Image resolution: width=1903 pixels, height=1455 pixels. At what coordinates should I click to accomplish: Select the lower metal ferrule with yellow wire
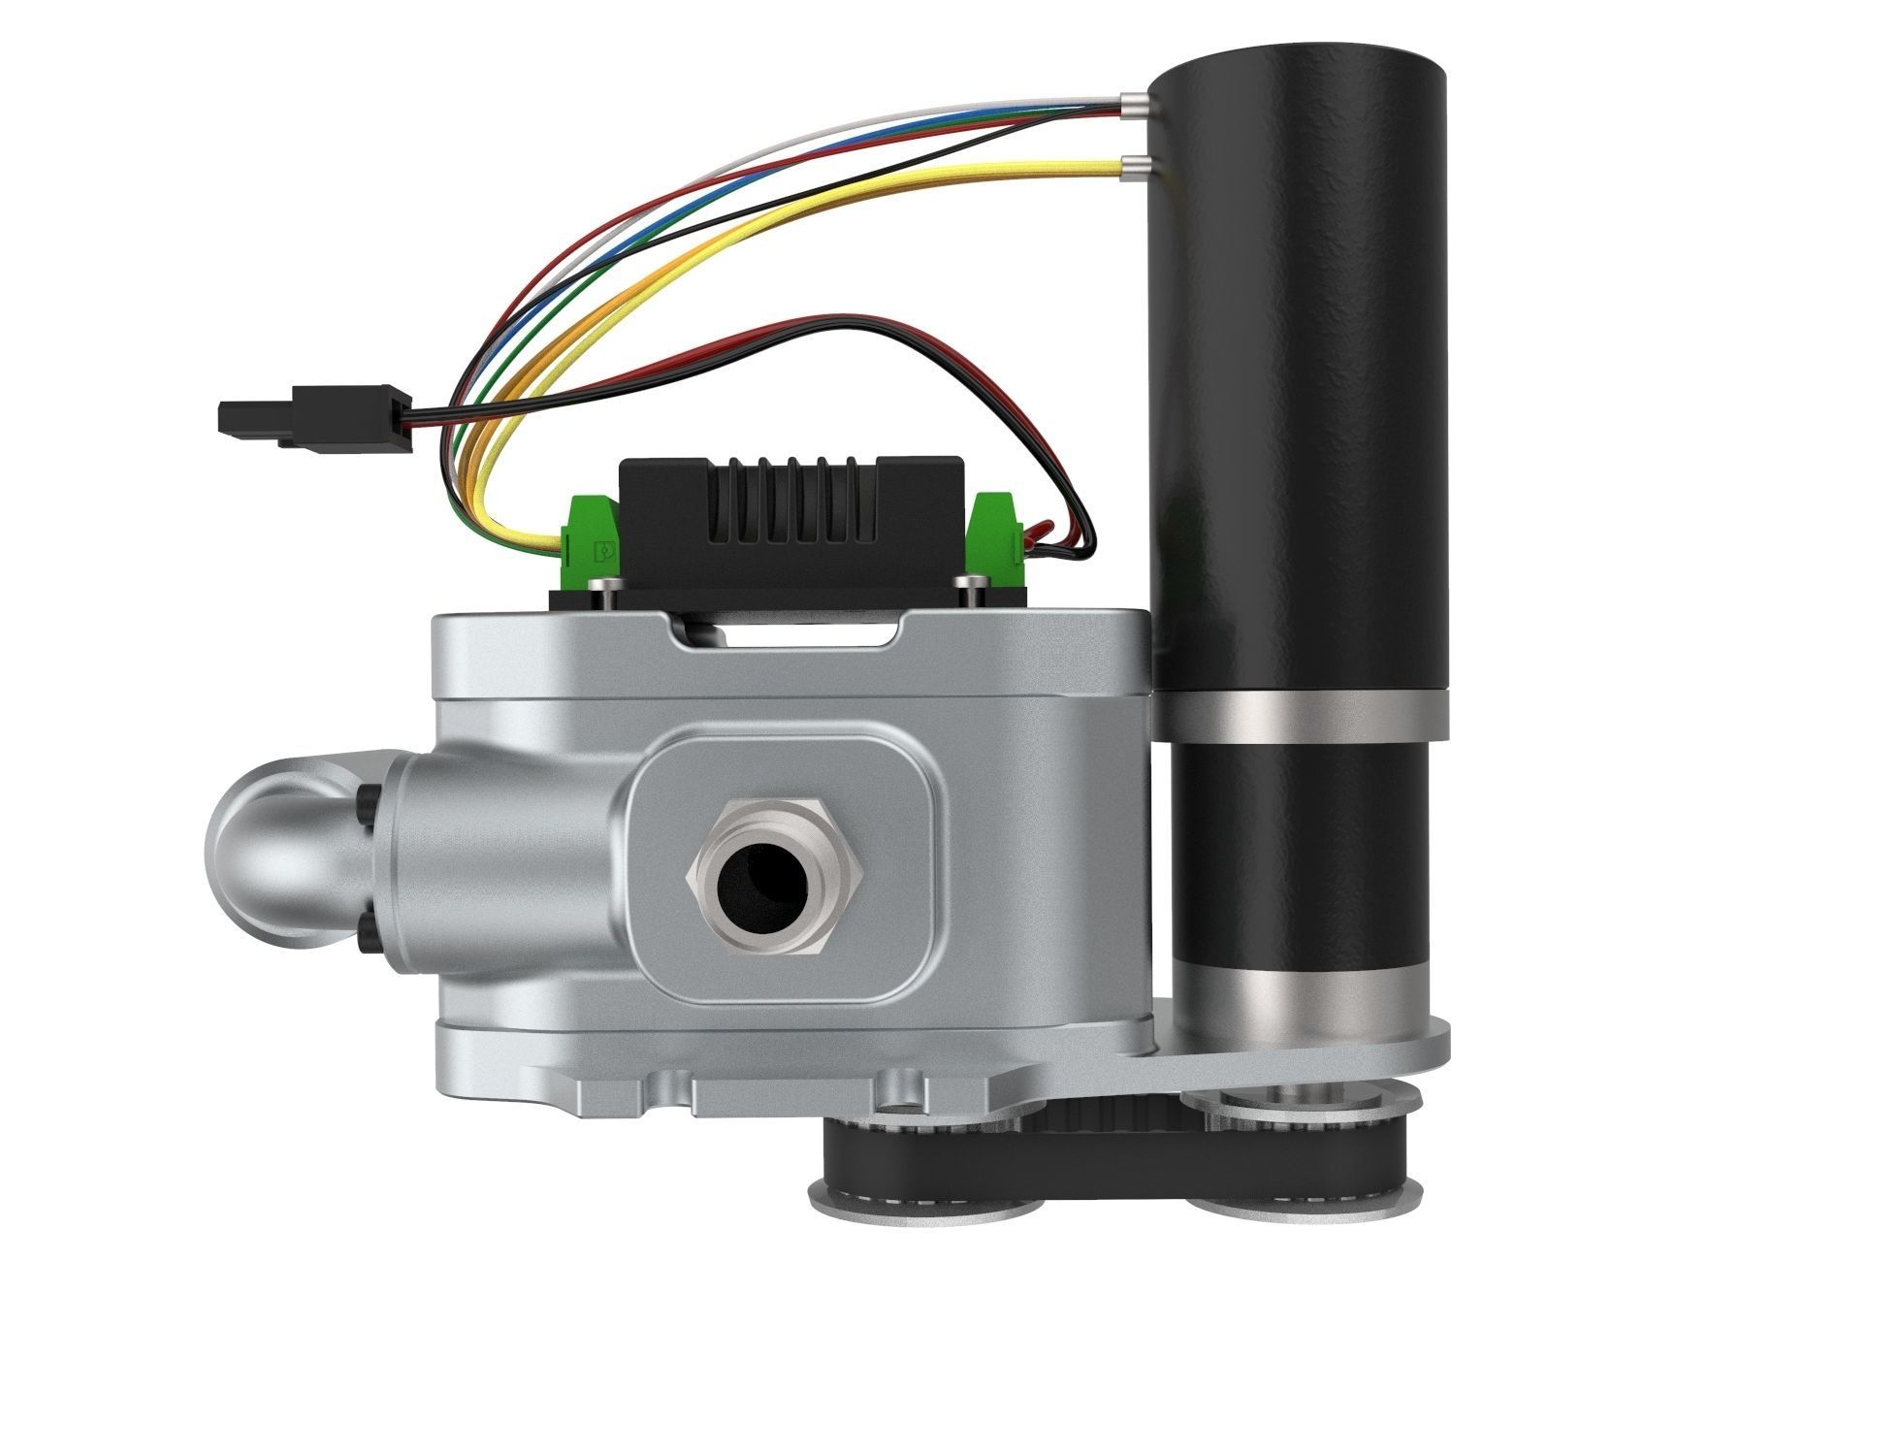(1133, 168)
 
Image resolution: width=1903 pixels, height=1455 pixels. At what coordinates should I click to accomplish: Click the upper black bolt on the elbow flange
(370, 800)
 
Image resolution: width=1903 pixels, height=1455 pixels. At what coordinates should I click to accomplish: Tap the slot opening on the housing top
(790, 637)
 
